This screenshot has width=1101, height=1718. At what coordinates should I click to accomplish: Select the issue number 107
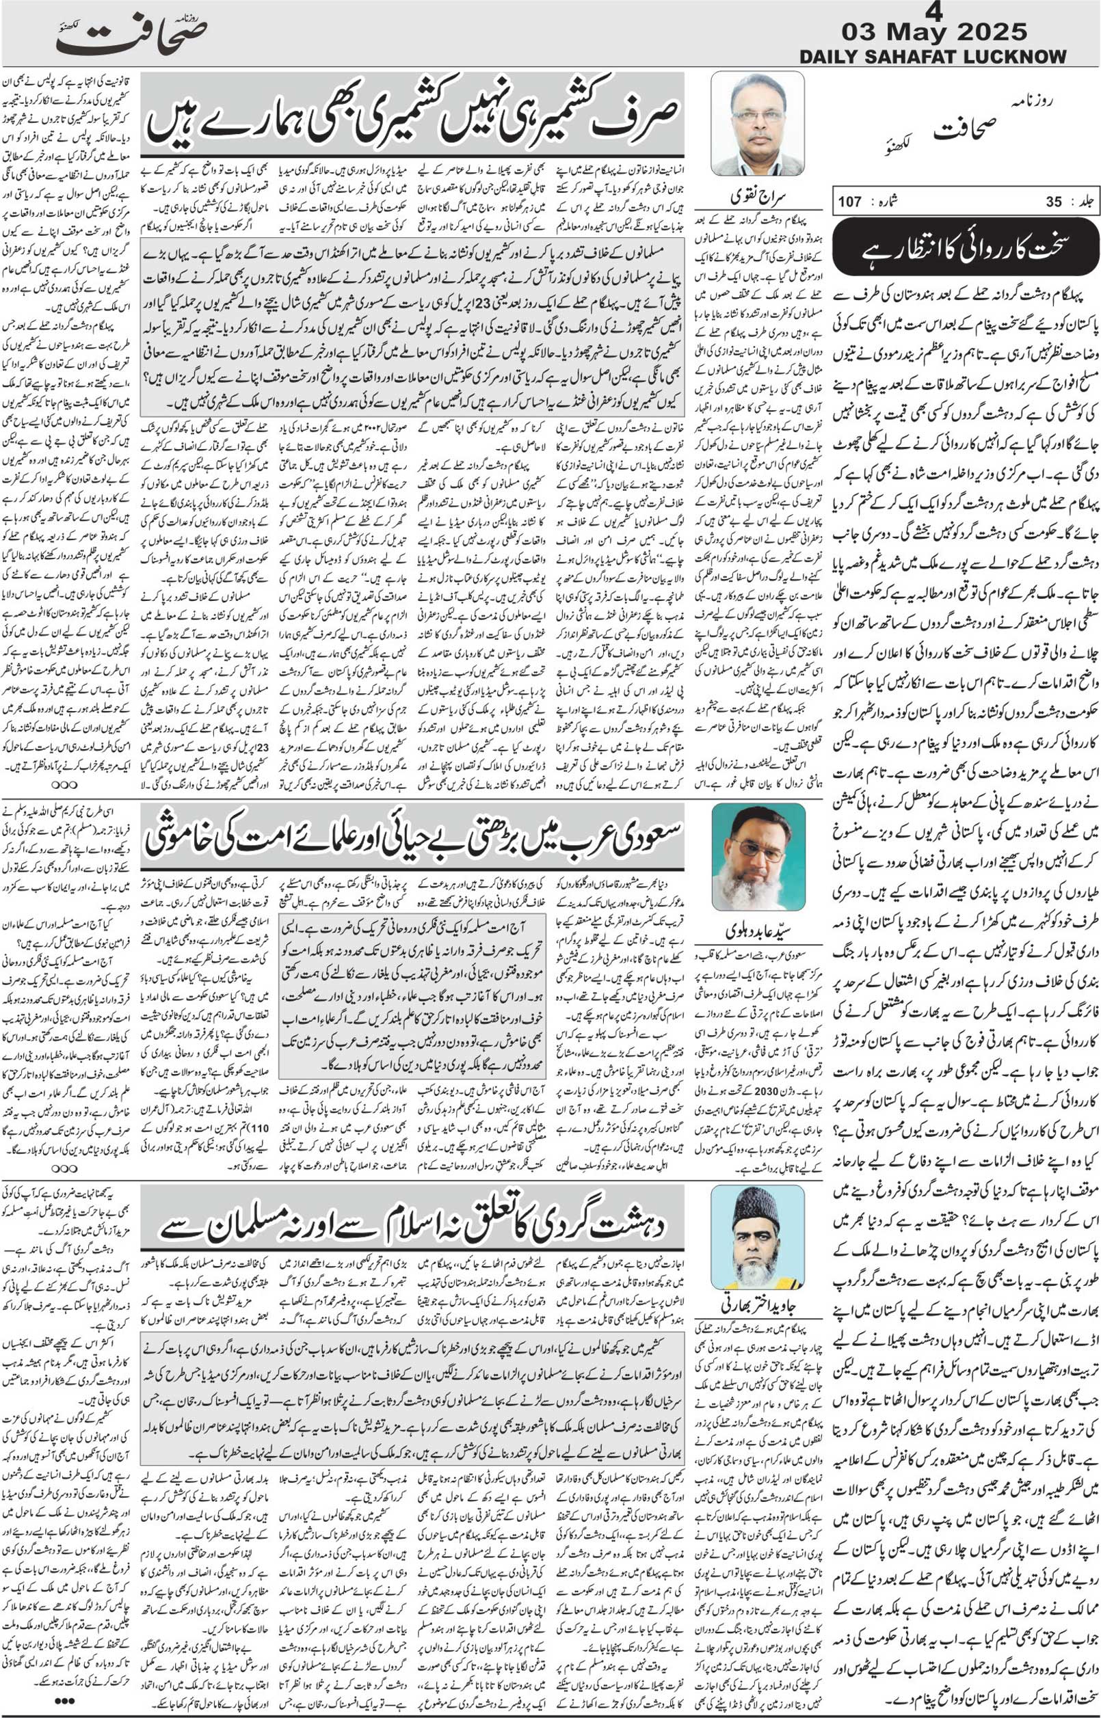tap(849, 202)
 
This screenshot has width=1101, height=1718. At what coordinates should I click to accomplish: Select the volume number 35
tap(1054, 202)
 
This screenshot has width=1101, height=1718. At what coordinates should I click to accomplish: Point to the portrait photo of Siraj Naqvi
tap(757, 124)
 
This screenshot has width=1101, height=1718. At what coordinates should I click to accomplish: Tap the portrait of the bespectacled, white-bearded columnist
tap(758, 855)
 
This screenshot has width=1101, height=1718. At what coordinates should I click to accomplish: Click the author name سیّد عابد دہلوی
tap(758, 930)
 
